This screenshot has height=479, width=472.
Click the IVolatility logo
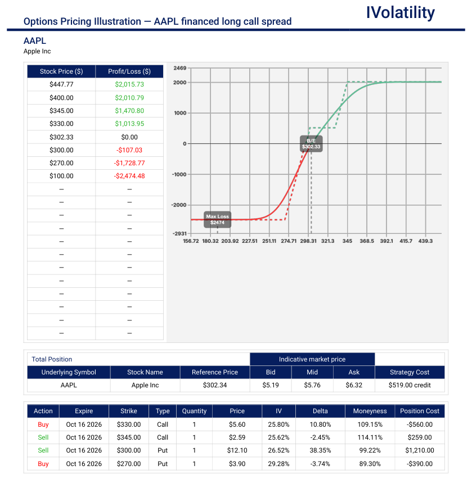tap(400, 13)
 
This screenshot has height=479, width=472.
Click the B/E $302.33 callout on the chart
tap(311, 144)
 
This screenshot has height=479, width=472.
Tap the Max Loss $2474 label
tap(217, 219)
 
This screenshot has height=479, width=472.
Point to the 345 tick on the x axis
tap(347, 241)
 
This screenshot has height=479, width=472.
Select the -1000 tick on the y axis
tap(179, 174)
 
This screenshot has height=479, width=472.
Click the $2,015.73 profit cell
tap(129, 84)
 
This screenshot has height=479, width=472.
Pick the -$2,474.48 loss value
tap(129, 176)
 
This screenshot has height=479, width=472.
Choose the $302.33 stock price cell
tap(61, 137)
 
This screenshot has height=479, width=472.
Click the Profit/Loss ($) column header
tap(129, 71)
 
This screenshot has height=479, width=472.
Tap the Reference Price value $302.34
tap(215, 385)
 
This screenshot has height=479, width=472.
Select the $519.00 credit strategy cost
tap(410, 385)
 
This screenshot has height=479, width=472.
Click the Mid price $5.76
tap(312, 385)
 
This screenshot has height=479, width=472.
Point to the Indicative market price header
tap(312, 359)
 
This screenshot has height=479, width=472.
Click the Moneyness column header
tap(370, 411)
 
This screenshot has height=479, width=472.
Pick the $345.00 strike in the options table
tap(129, 437)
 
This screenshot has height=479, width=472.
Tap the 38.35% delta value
tap(320, 450)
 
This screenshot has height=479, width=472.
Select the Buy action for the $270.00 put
tap(43, 464)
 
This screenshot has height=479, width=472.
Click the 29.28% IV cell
tap(278, 464)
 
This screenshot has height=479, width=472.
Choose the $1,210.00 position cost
tap(420, 450)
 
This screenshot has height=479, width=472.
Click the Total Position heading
tap(52, 359)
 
